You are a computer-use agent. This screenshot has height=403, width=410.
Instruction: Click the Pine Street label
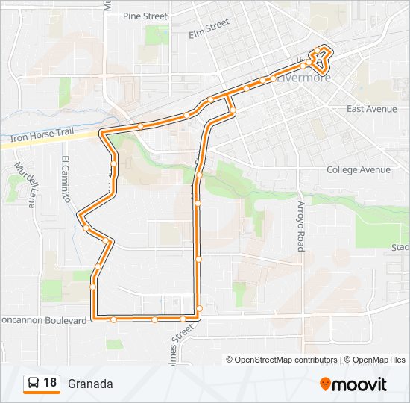click(x=145, y=16)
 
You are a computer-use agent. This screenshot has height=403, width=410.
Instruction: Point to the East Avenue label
click(x=372, y=109)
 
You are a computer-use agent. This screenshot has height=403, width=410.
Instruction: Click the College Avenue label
click(x=359, y=169)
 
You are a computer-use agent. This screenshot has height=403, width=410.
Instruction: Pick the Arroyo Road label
click(x=301, y=225)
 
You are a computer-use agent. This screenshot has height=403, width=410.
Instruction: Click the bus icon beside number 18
click(x=33, y=384)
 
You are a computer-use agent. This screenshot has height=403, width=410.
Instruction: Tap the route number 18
click(x=50, y=383)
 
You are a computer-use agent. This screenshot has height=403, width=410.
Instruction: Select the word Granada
click(x=90, y=384)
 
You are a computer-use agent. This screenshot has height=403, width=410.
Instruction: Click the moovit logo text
click(x=359, y=384)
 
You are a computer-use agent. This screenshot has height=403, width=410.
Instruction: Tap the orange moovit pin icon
click(x=325, y=384)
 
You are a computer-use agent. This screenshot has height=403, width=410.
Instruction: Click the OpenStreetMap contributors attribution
click(x=282, y=360)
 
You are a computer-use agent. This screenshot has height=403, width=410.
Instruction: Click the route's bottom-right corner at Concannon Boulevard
click(x=199, y=318)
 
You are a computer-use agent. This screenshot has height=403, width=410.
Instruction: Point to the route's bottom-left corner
click(x=93, y=318)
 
